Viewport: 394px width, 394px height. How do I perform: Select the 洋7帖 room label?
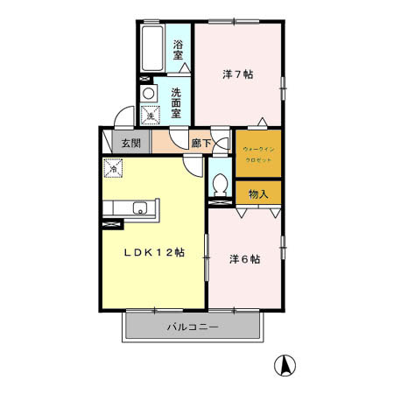coord(237,75)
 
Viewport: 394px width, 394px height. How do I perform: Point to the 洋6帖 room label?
coord(244,258)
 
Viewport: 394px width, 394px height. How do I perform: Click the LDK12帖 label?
coord(153,252)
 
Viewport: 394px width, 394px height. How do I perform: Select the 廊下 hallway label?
coord(201,144)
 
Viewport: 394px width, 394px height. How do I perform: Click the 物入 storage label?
coord(258,193)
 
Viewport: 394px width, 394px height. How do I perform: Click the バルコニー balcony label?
coord(193,327)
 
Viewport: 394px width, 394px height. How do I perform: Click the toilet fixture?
coord(220,186)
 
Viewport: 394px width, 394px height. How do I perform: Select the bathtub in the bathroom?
coord(153,51)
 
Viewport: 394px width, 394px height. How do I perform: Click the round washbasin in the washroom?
coord(149,93)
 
